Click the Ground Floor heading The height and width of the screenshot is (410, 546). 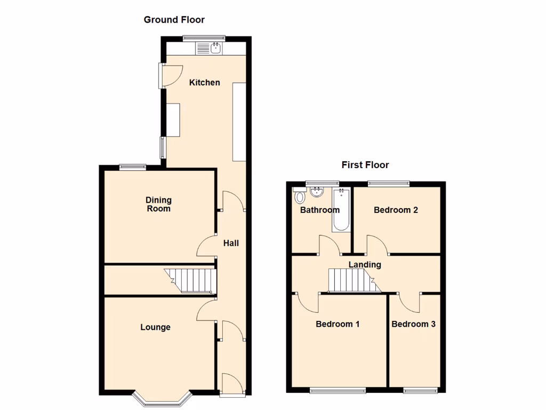click(174, 20)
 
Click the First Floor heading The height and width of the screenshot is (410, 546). click(365, 165)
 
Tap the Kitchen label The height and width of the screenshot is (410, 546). click(205, 83)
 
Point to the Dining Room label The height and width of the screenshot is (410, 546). click(159, 204)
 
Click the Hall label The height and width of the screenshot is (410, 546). click(231, 243)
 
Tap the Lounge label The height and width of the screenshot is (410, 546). click(156, 327)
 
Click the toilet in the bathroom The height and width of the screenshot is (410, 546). click(299, 196)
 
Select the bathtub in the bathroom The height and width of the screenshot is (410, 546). click(341, 210)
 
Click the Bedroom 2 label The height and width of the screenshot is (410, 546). click(396, 210)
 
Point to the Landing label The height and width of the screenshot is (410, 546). click(365, 265)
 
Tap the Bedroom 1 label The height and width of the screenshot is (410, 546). click(338, 324)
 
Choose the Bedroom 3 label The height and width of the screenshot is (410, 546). click(413, 324)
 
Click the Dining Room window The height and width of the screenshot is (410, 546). click(133, 166)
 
